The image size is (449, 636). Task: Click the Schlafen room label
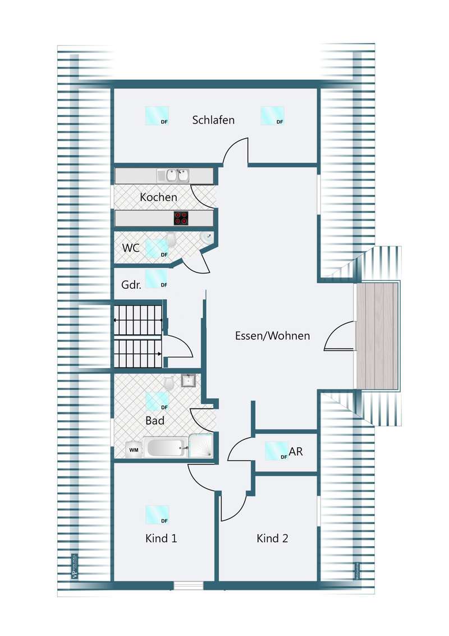(x=213, y=120)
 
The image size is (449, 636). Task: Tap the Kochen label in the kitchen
(x=158, y=197)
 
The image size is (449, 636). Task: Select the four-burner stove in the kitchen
(x=181, y=218)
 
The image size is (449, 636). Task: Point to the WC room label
(x=131, y=248)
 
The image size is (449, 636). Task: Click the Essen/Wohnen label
(x=272, y=336)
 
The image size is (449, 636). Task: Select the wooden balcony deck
(x=377, y=336)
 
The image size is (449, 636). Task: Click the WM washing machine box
(x=134, y=449)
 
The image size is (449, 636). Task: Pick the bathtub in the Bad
(x=164, y=448)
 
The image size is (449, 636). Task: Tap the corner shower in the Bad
(x=201, y=446)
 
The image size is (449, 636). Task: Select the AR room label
(x=296, y=451)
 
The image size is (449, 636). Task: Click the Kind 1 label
(x=161, y=538)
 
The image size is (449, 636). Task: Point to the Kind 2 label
(x=272, y=538)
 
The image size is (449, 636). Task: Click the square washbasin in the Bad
(x=188, y=381)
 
